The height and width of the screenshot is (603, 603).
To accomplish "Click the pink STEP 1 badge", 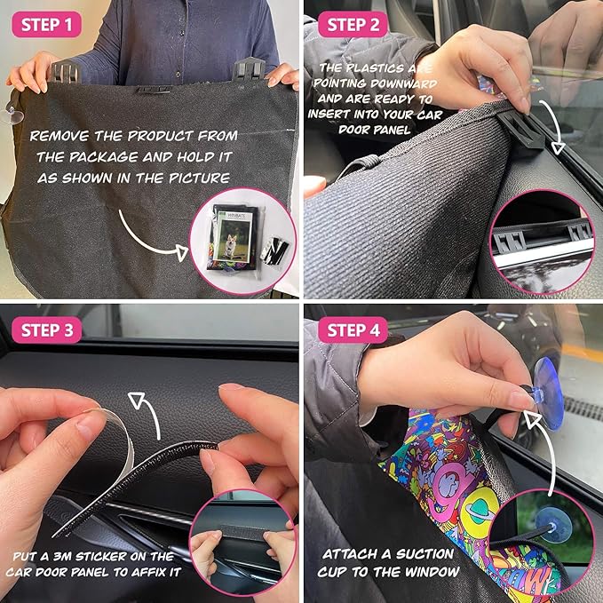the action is click(x=46, y=25).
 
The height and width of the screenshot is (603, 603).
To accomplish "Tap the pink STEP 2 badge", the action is click(x=353, y=25).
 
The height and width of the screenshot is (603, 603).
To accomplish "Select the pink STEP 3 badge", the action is click(x=46, y=330).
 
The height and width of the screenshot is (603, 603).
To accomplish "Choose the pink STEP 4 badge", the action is click(x=353, y=330).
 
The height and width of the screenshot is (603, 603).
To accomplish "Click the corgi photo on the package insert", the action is click(x=233, y=241).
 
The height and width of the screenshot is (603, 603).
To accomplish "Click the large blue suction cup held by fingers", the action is click(x=549, y=393).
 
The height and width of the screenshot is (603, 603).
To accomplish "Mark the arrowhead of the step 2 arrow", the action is click(x=558, y=147).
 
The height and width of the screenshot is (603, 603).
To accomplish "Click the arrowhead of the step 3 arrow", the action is click(x=137, y=400).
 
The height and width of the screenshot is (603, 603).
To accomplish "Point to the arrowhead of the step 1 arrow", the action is click(x=181, y=252).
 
